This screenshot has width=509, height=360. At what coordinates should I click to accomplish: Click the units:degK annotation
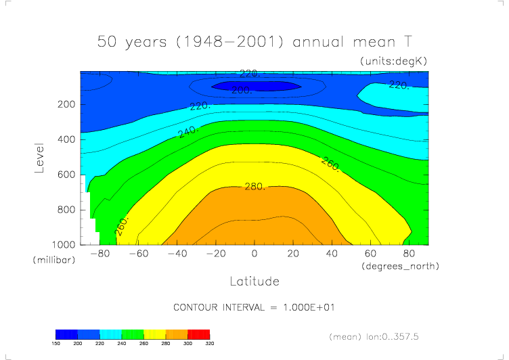click(394, 62)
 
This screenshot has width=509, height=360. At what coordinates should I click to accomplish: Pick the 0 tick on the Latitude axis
click(255, 254)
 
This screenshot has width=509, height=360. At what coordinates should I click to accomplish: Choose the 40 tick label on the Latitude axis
click(332, 254)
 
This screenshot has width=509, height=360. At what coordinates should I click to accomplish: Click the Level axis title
click(39, 157)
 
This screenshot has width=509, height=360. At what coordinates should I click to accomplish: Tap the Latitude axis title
click(255, 280)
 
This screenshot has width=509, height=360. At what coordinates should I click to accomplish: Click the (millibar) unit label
click(51, 261)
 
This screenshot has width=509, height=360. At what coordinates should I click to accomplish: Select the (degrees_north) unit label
click(400, 267)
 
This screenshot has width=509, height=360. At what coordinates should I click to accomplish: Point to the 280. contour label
click(255, 186)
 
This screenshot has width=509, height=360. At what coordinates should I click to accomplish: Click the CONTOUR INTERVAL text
click(255, 307)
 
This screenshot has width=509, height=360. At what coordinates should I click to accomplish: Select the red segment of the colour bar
click(198, 334)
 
